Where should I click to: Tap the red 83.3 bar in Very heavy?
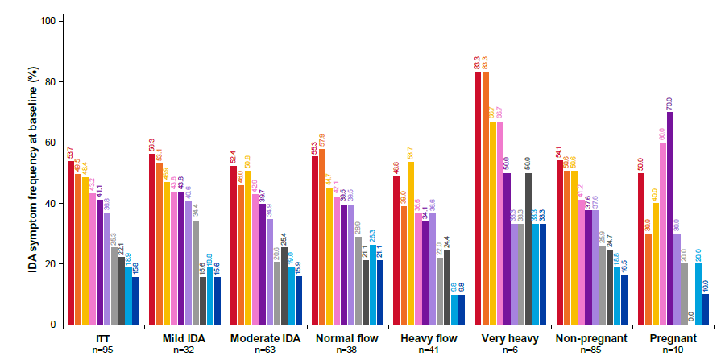click(478, 198)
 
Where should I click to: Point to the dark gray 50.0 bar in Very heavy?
click(528, 249)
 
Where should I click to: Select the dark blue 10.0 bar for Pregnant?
click(706, 309)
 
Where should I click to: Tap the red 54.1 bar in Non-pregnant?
click(559, 242)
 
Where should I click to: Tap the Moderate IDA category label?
click(264, 338)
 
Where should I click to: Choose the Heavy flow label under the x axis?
click(427, 338)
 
